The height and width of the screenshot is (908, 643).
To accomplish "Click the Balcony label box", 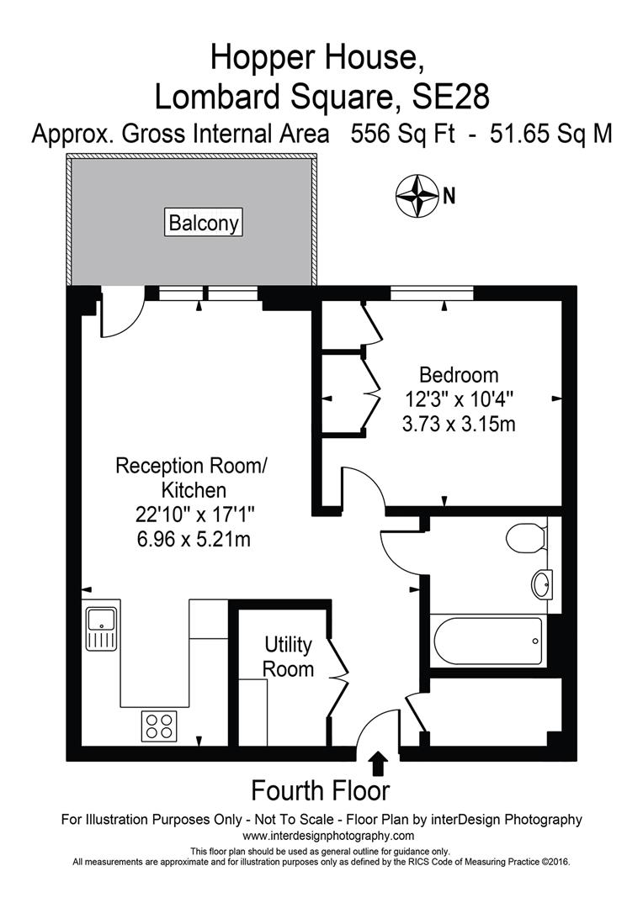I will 204,224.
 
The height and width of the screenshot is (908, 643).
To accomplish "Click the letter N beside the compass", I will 449,196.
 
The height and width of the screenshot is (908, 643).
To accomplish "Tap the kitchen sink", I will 100,629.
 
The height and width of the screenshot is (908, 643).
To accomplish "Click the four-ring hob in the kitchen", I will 157,726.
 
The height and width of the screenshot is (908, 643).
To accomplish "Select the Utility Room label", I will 289,657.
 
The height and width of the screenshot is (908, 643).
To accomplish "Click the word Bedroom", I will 459,375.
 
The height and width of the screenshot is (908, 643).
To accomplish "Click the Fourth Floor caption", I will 321,791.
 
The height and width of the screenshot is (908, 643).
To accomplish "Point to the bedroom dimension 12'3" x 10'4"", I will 459,399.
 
